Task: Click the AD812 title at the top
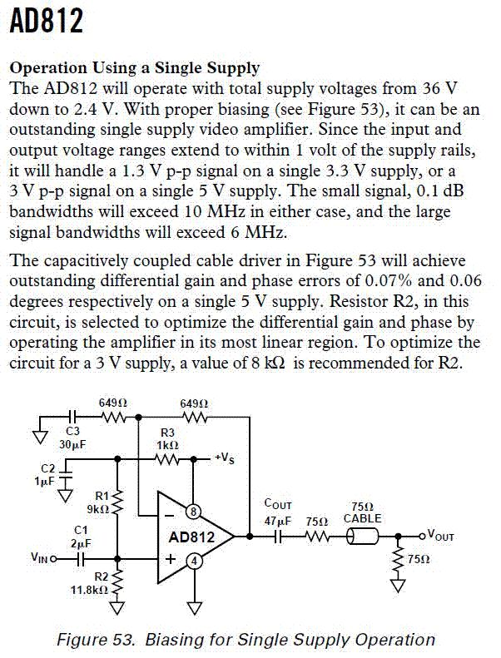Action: [47, 22]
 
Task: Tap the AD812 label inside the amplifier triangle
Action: [191, 537]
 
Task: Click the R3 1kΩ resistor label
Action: [167, 438]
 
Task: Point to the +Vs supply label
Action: [224, 458]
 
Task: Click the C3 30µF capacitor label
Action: [72, 438]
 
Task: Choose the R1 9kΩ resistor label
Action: [97, 502]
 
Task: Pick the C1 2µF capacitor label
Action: [80, 536]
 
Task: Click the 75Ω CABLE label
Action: [363, 512]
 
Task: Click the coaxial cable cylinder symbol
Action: [363, 537]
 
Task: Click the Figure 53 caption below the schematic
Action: [246, 640]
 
